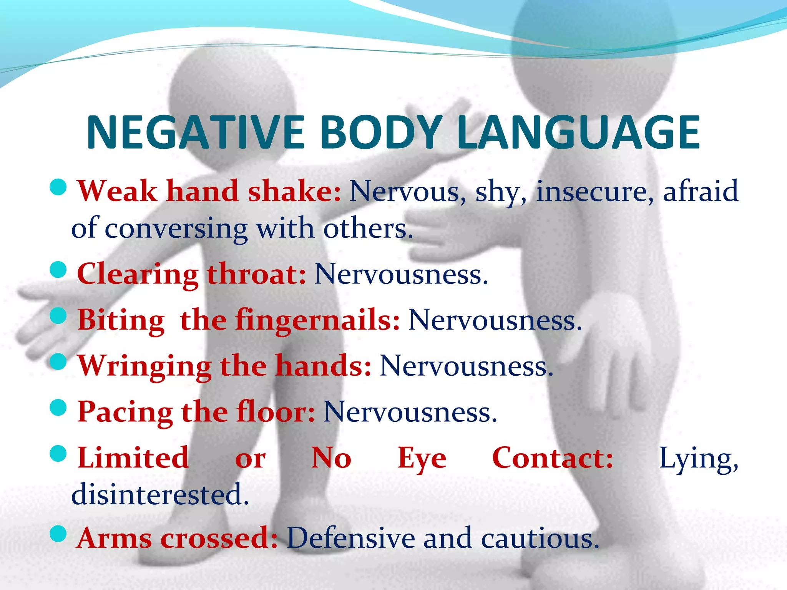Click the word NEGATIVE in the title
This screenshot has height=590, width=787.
[195, 133]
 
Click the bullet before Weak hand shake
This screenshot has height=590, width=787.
[58, 187]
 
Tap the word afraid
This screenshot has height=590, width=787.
[700, 191]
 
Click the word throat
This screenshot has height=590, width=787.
[257, 274]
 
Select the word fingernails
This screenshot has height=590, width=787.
[317, 320]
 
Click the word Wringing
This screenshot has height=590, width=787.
[144, 366]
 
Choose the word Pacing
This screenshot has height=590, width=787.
[125, 412]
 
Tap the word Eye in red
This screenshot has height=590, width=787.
[422, 458]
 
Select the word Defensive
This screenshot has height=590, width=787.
[350, 538]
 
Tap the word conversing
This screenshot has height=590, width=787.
[176, 229]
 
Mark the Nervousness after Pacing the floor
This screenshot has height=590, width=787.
[410, 412]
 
